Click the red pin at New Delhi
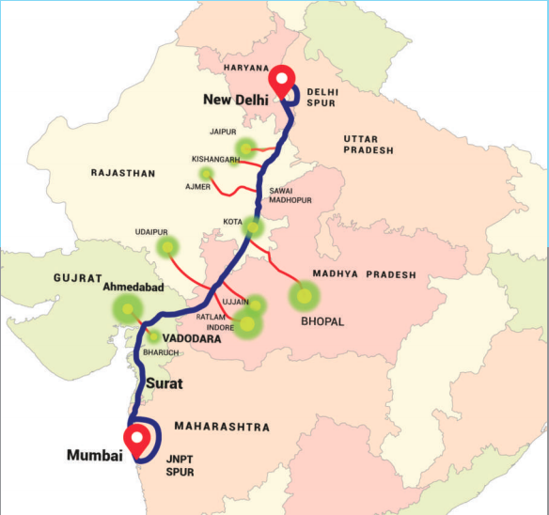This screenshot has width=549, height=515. pyautogui.click(x=282, y=80)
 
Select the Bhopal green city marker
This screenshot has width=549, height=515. pyautogui.click(x=303, y=297)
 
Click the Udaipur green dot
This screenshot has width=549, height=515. pyautogui.click(x=167, y=247)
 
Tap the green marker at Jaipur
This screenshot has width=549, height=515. pyautogui.click(x=246, y=148)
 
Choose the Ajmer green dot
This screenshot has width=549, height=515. pyautogui.click(x=207, y=174)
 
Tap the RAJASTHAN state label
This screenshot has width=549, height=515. pyautogui.click(x=122, y=173)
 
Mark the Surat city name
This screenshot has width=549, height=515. pyautogui.click(x=164, y=383)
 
